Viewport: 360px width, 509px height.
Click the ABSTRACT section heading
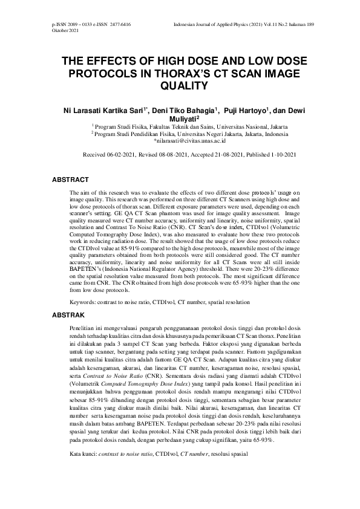click(71, 180)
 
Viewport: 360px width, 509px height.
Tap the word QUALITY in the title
click(180, 86)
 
